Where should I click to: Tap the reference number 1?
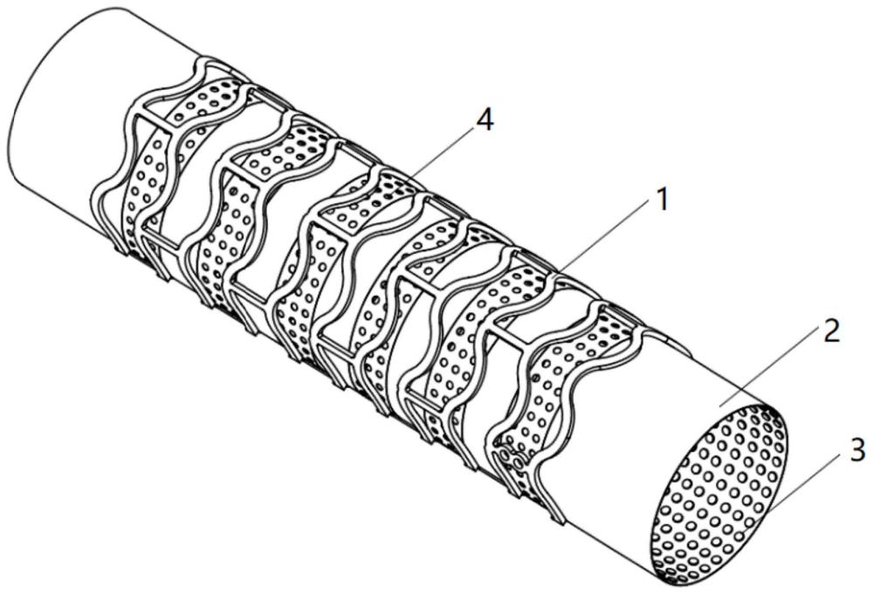[x=663, y=200]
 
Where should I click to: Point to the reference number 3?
[x=856, y=450]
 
